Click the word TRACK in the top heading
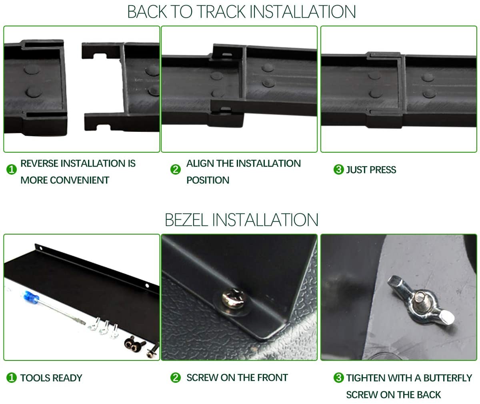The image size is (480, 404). (221, 12)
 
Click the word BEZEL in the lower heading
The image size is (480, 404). (186, 220)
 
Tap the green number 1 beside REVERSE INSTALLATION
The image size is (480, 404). (12, 169)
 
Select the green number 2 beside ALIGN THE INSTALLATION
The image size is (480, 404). (176, 169)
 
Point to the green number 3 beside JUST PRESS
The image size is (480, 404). (338, 169)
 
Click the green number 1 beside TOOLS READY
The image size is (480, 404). (12, 378)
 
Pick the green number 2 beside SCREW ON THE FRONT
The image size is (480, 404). (176, 378)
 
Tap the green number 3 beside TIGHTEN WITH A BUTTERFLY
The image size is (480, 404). (338, 378)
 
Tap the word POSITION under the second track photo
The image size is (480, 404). (208, 180)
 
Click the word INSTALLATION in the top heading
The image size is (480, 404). (302, 12)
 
